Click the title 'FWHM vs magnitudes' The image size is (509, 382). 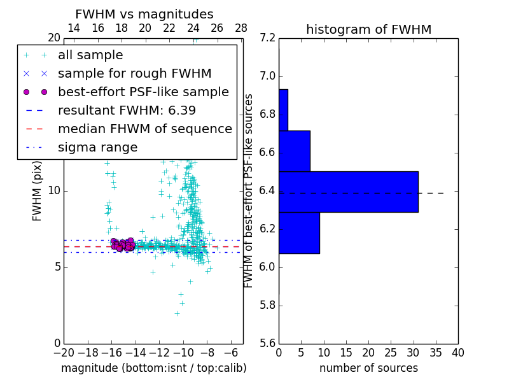144,14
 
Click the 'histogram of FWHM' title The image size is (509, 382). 368,29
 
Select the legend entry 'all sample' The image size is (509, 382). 90,55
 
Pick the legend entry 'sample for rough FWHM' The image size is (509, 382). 134,74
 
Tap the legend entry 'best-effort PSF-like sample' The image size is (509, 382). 143,92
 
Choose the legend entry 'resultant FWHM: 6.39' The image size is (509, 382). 127,111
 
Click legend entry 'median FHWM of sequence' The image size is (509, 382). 144,129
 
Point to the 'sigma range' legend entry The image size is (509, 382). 97,148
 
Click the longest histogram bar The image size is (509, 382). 348,192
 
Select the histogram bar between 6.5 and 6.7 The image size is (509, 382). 294,151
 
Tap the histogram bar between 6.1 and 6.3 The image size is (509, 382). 299,232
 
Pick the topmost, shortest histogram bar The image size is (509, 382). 283,110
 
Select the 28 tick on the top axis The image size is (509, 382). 241,29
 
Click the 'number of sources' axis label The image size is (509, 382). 368,368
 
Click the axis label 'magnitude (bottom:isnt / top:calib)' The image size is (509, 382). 153,368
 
